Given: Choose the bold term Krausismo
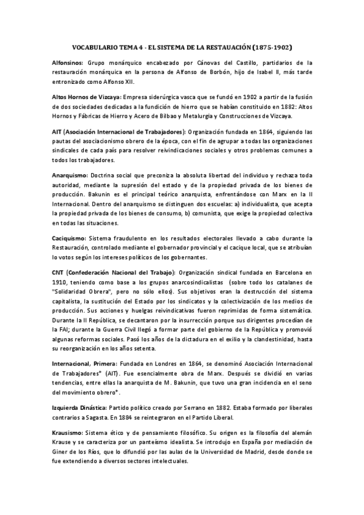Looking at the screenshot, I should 69,435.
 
